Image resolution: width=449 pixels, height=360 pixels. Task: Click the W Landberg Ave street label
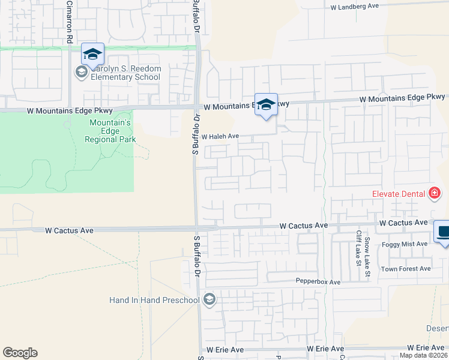(x=355, y=7)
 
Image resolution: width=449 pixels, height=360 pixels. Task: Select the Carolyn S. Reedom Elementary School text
(x=126, y=73)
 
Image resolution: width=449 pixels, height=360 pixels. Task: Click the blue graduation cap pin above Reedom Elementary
(x=92, y=55)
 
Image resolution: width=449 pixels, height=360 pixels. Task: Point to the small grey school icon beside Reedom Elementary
(x=81, y=73)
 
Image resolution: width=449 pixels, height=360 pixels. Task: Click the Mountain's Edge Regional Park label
(x=110, y=131)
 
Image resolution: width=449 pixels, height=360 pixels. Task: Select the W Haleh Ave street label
(x=220, y=137)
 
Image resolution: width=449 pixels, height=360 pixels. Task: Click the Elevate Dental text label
(x=398, y=194)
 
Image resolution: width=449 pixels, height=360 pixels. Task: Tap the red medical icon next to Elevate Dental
(x=435, y=193)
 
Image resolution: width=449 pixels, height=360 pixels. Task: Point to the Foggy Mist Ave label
(x=406, y=244)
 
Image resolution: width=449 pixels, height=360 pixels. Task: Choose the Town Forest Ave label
(x=406, y=269)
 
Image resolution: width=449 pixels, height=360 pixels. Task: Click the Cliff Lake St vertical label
(x=358, y=246)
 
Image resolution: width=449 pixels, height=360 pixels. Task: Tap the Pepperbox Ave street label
(x=318, y=281)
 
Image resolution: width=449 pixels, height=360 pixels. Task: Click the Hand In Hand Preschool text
(x=154, y=299)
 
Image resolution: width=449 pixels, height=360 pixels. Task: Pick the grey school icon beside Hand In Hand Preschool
(x=209, y=299)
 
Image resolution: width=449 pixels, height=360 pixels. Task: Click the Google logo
(x=20, y=353)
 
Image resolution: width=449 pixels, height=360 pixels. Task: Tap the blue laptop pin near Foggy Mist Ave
(x=443, y=232)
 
